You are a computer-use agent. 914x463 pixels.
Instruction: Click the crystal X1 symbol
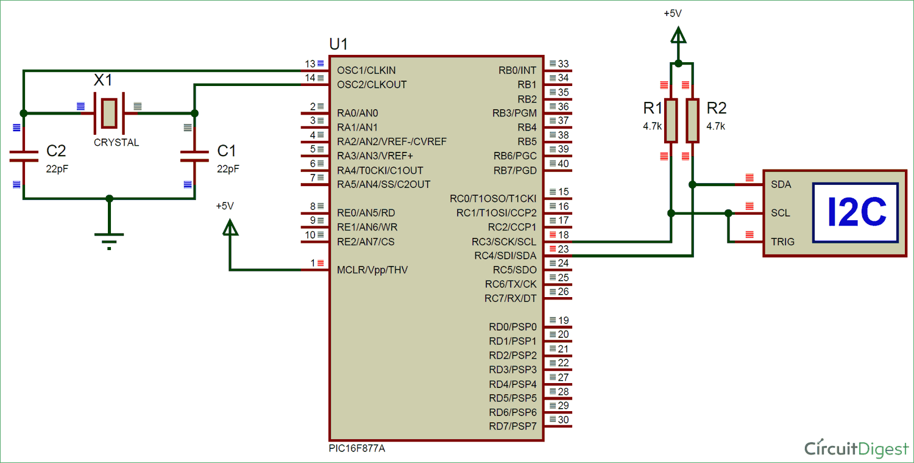[x=109, y=113]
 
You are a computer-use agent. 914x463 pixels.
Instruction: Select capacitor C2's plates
[x=24, y=157]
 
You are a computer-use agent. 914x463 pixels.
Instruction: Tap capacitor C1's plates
[x=194, y=157]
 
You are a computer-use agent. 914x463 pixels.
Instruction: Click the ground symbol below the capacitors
[x=109, y=240]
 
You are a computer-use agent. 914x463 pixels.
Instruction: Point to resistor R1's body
[x=671, y=120]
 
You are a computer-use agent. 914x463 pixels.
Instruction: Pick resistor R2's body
[x=692, y=120]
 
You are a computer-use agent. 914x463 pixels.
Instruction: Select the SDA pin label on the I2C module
[x=781, y=184]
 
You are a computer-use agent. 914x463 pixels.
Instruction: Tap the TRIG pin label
[x=782, y=242]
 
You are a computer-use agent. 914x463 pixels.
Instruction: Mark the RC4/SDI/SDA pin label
[x=505, y=256]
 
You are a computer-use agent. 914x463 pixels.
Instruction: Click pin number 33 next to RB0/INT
[x=563, y=64]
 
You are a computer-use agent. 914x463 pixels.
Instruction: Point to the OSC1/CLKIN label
[x=366, y=70]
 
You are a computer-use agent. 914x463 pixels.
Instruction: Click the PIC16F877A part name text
[x=356, y=448]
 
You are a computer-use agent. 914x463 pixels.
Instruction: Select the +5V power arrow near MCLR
[x=230, y=228]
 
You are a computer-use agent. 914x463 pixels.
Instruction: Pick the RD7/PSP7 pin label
[x=512, y=426]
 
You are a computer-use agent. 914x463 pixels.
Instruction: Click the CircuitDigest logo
[x=856, y=448]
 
